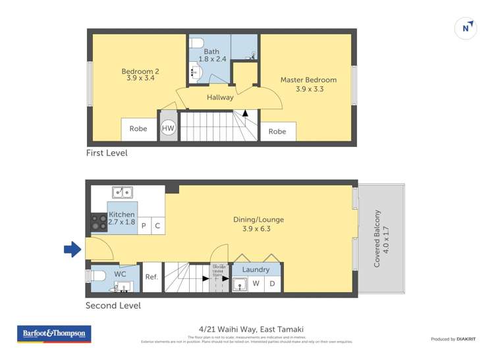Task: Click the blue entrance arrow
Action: [x=72, y=249]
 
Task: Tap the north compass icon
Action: [x=466, y=28]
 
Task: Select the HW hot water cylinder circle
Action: [x=169, y=128]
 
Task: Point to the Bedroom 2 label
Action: [x=140, y=71]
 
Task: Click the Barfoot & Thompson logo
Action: [x=54, y=334]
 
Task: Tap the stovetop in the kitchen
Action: [x=99, y=223]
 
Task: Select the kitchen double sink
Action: [x=122, y=193]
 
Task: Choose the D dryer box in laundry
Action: [x=273, y=284]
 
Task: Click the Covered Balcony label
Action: [x=377, y=238]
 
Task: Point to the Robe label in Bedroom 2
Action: [x=138, y=129]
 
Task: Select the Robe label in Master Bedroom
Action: [x=277, y=132]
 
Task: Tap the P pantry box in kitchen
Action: [x=144, y=226]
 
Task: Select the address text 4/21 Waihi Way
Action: [x=228, y=329]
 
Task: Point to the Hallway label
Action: [x=220, y=97]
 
